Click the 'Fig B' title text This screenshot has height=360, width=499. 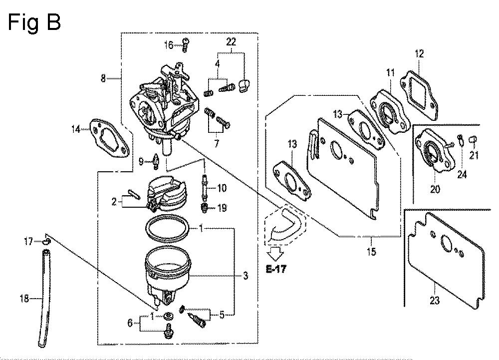(x=34, y=22)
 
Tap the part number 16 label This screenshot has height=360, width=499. (x=169, y=45)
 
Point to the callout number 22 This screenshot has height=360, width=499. (x=231, y=41)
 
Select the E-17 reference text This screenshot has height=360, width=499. (x=275, y=269)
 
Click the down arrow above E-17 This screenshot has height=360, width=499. (x=275, y=253)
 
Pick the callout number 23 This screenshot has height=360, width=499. (x=435, y=300)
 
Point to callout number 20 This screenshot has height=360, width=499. (x=435, y=189)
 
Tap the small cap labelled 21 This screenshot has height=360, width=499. (x=473, y=140)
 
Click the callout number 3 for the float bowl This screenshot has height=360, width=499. (x=246, y=276)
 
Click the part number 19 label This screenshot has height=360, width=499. (x=222, y=208)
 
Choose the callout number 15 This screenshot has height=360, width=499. (x=371, y=252)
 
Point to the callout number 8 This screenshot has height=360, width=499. (x=103, y=78)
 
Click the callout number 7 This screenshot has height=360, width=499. (x=217, y=144)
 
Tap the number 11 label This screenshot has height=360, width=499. (x=390, y=72)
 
